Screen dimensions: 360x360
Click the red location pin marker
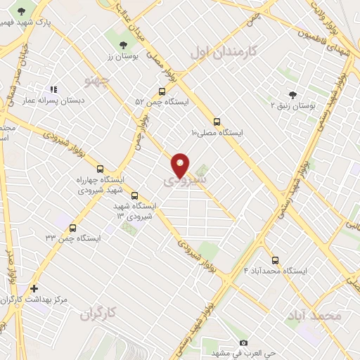[181, 165]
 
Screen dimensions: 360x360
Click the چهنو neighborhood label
[98, 81]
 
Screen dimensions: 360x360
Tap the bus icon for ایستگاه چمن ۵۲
[162, 91]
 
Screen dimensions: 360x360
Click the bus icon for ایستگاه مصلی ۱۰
[217, 121]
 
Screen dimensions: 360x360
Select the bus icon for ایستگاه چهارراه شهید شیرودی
[100, 169]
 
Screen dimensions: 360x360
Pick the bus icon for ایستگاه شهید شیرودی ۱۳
[134, 196]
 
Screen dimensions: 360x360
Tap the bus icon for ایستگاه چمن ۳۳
[74, 227]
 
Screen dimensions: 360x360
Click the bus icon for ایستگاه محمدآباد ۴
[275, 259]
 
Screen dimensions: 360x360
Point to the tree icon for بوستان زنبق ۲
[292, 94]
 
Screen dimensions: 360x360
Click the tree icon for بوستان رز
[124, 46]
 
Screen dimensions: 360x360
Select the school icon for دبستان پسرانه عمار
[53, 90]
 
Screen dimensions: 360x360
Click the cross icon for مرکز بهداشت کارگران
[34, 288]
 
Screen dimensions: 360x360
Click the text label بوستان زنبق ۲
[291, 105]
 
